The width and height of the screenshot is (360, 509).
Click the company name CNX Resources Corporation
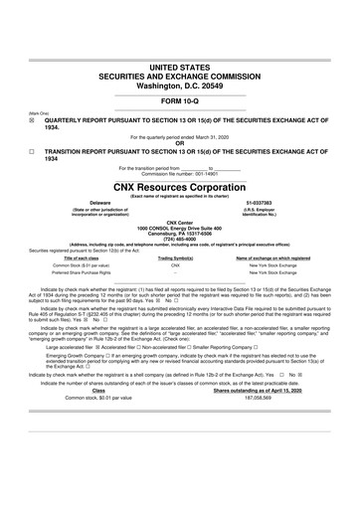point(179,186)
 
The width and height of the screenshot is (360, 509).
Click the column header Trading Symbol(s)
point(174,257)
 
